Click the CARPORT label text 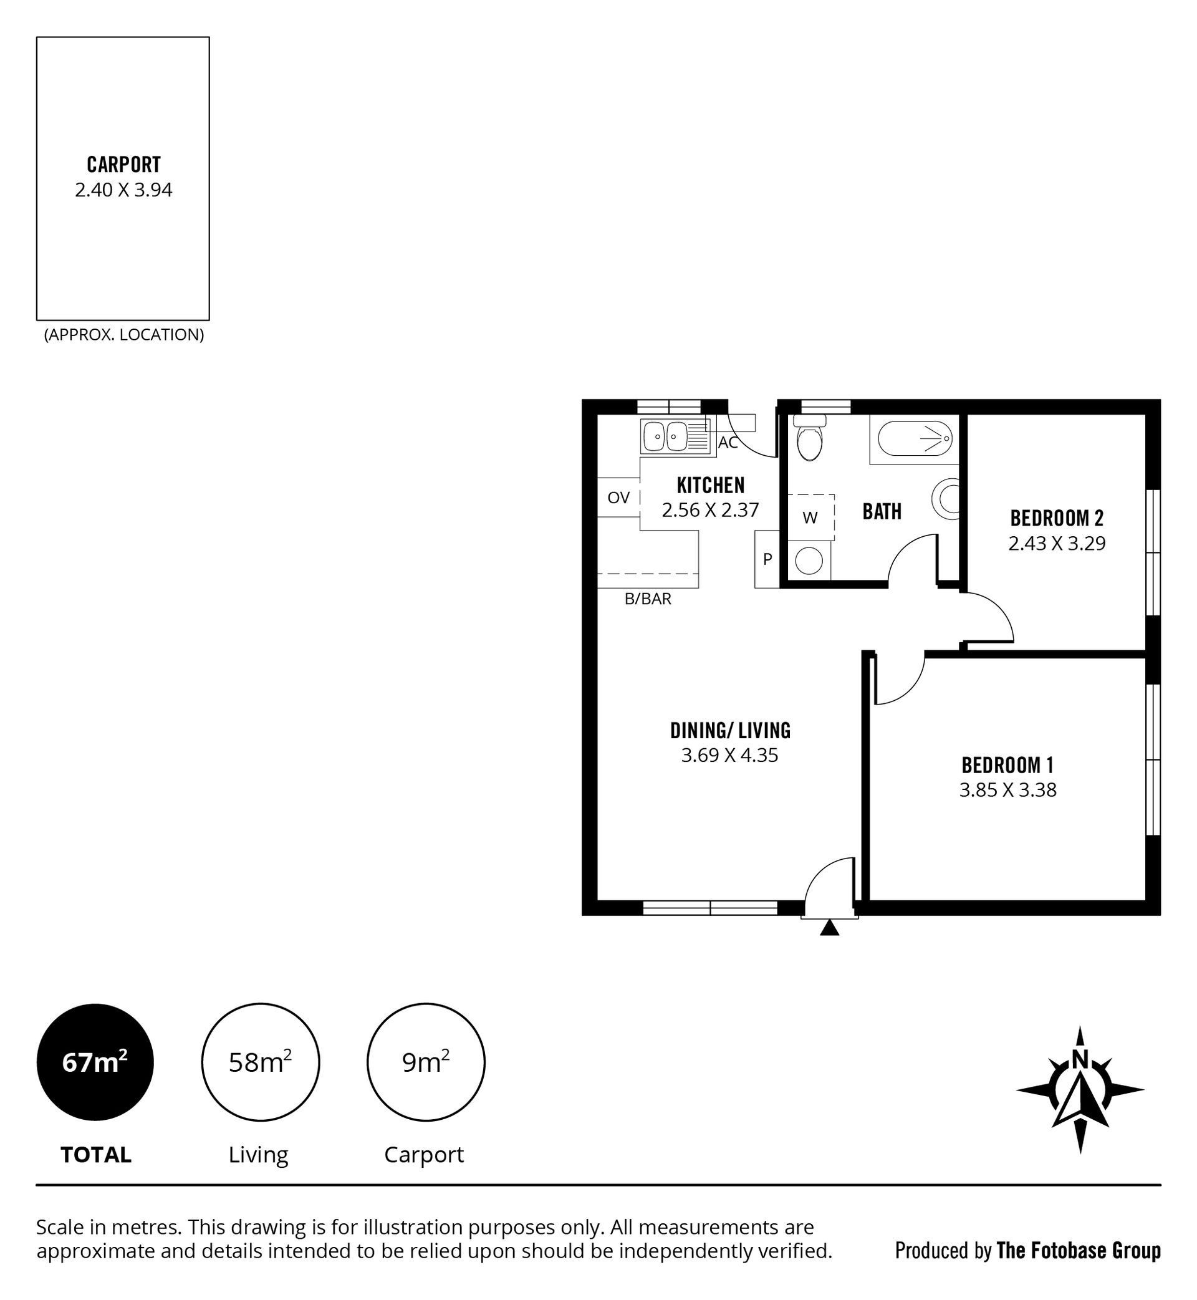coord(123,165)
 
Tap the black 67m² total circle coord(95,1062)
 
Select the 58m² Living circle coord(261,1062)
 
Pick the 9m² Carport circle coord(426,1062)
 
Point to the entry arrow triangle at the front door coord(829,928)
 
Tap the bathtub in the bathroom coord(915,438)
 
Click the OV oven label coord(618,498)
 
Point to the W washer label coord(810,518)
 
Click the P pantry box coord(767,559)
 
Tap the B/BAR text coord(648,599)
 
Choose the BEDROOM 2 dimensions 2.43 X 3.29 coord(1057,543)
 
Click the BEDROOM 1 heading coord(1007,766)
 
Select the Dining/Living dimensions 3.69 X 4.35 coord(729,755)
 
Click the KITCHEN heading coord(711,485)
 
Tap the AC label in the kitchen coord(728,443)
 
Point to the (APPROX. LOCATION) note coord(123,335)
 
